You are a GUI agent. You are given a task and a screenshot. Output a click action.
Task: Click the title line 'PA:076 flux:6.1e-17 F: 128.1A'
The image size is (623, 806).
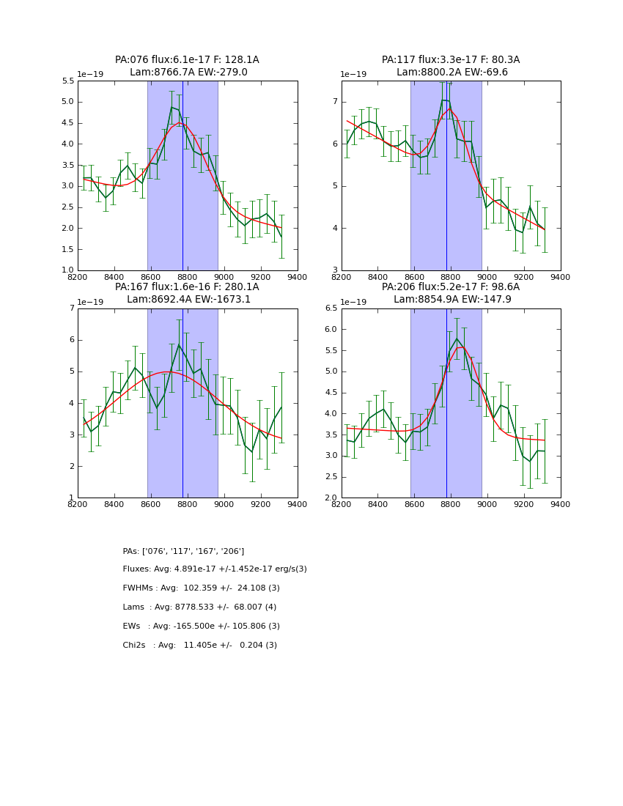pos(187,60)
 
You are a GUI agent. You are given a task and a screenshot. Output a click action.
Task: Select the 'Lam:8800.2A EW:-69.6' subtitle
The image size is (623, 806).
pos(451,73)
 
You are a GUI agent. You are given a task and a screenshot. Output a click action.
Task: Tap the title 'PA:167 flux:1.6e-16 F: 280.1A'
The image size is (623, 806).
pos(187,287)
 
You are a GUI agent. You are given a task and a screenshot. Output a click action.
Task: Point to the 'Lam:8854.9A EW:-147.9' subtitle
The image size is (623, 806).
pos(451,300)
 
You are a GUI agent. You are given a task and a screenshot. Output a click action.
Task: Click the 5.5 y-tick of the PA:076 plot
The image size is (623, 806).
pos(67,81)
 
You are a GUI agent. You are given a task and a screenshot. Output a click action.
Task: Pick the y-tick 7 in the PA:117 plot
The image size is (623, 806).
pos(334,102)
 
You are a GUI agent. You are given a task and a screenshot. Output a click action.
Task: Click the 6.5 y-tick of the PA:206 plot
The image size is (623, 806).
pos(330,308)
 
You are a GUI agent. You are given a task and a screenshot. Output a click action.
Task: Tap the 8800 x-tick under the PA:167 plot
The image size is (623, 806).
pos(187,504)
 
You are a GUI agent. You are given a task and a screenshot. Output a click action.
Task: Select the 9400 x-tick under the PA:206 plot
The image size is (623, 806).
pos(560,504)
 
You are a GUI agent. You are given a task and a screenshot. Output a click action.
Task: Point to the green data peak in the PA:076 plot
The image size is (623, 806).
pos(172,107)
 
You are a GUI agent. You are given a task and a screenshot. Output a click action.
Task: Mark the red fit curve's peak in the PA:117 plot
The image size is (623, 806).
pos(449,108)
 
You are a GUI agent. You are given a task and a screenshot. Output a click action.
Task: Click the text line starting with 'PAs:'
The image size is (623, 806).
pos(183,551)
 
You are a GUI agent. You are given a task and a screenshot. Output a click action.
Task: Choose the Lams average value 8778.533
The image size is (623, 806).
pos(199,607)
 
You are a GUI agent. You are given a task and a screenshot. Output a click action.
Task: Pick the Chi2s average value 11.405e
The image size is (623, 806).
pos(202,646)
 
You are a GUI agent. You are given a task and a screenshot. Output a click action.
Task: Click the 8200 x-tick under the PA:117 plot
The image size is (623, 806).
pos(342,277)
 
